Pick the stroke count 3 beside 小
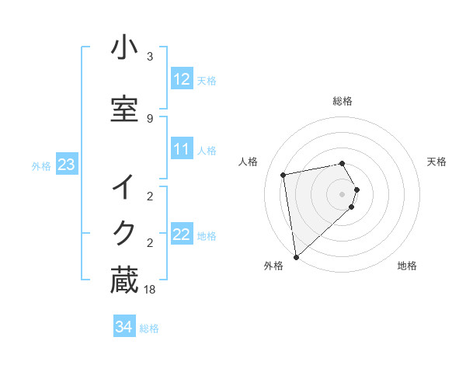tap(150, 57)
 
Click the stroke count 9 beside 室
tap(150, 118)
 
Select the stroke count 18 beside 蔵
tap(150, 290)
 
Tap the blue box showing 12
tap(182, 79)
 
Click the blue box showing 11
tap(182, 149)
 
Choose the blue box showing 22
tap(182, 235)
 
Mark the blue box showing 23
tap(66, 164)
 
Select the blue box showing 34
tap(123, 327)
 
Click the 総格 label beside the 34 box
tap(149, 328)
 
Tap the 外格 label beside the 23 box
tap(41, 165)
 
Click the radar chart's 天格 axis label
tap(437, 162)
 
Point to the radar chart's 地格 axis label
tap(407, 266)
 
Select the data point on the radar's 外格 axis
tap(296, 256)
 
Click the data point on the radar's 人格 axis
tap(283, 175)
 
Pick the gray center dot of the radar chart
tap(343, 193)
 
